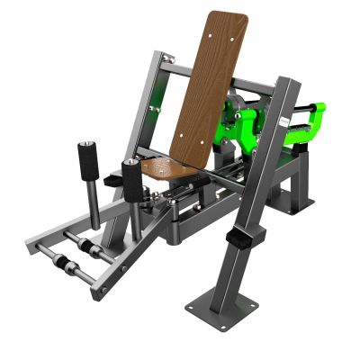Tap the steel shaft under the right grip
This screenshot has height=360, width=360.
point(135,216)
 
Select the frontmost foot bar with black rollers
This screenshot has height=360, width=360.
point(72,265)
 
